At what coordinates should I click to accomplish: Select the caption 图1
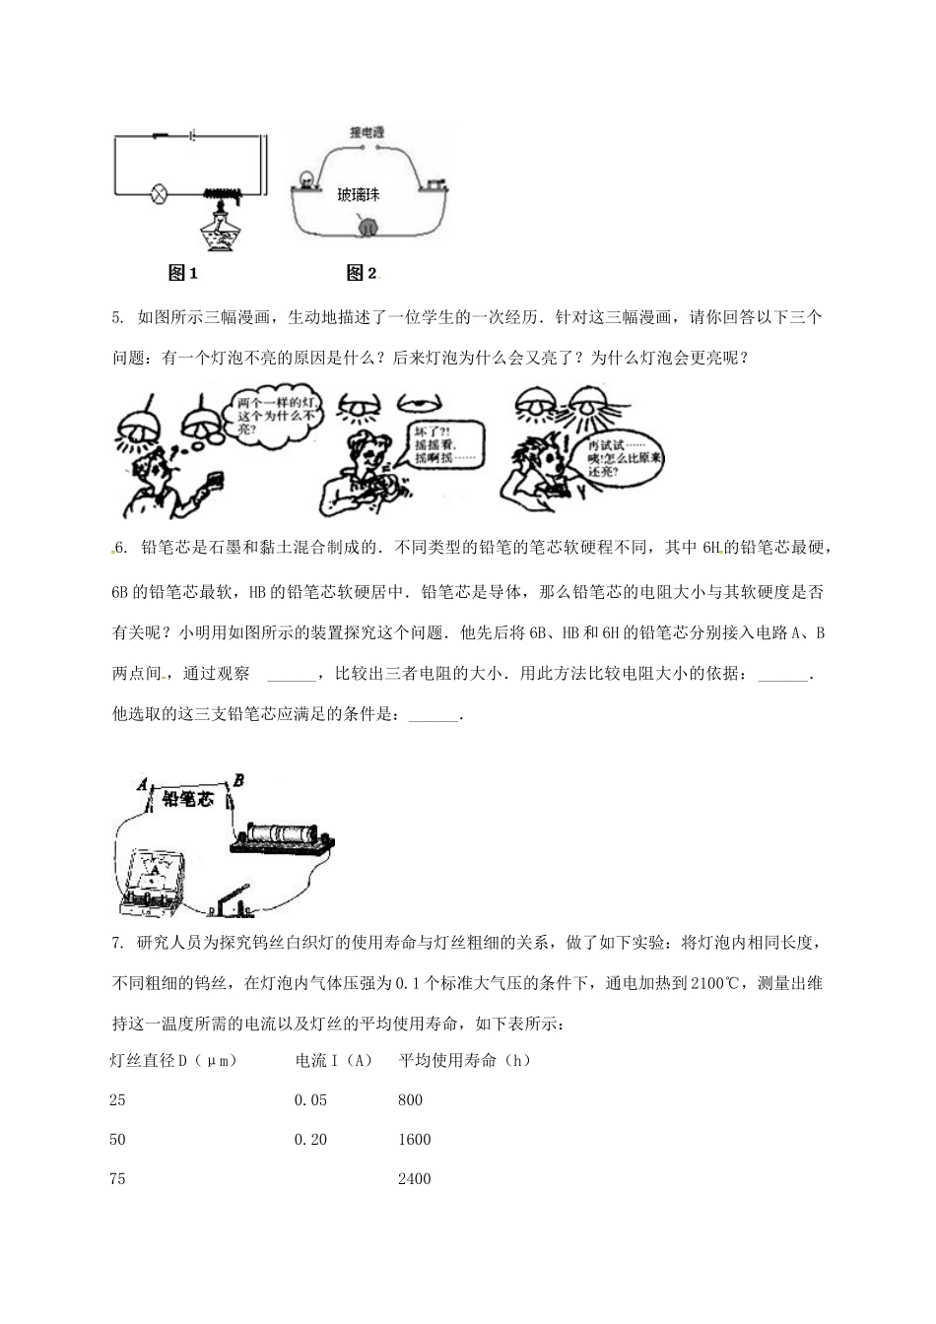point(184,273)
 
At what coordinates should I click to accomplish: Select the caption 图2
point(362,273)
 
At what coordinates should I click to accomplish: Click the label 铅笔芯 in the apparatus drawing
point(187,799)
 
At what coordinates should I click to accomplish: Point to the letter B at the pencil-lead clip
point(238,780)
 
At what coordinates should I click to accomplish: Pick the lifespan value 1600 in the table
point(414,1140)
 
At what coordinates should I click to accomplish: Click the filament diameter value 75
point(117,1179)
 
